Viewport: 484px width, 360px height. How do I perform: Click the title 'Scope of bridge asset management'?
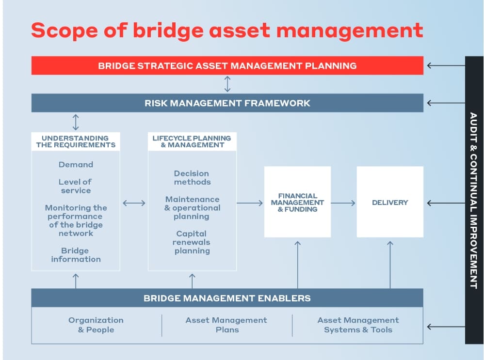tap(227, 31)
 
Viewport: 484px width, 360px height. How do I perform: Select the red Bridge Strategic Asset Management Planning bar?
tap(227, 65)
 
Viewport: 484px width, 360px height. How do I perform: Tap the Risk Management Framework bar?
tap(227, 103)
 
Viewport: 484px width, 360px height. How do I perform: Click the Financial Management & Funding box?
tap(297, 203)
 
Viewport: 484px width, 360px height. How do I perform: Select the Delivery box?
tap(390, 203)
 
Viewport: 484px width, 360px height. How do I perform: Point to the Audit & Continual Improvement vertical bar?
tap(474, 200)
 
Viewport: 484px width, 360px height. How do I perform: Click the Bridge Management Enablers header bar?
tap(227, 298)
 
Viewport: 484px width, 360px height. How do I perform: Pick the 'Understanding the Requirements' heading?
tap(76, 141)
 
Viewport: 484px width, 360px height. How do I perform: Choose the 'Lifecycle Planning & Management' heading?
tap(192, 141)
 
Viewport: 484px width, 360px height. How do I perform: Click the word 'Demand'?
tap(76, 165)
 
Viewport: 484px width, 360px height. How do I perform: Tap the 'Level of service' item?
tap(76, 186)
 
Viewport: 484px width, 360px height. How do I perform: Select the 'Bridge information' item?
tap(76, 255)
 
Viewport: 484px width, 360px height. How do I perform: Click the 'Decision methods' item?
tap(192, 178)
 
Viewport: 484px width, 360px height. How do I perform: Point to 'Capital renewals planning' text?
tap(192, 242)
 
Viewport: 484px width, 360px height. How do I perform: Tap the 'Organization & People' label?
tap(96, 325)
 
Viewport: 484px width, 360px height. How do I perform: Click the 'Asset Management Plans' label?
tap(226, 325)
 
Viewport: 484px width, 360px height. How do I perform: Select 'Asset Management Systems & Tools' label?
tap(358, 325)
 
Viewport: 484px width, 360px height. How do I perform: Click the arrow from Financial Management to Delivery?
tap(343, 203)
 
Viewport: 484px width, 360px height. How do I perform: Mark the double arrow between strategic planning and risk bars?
tap(227, 84)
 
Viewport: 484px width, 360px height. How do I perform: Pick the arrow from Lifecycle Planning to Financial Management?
tap(250, 203)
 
